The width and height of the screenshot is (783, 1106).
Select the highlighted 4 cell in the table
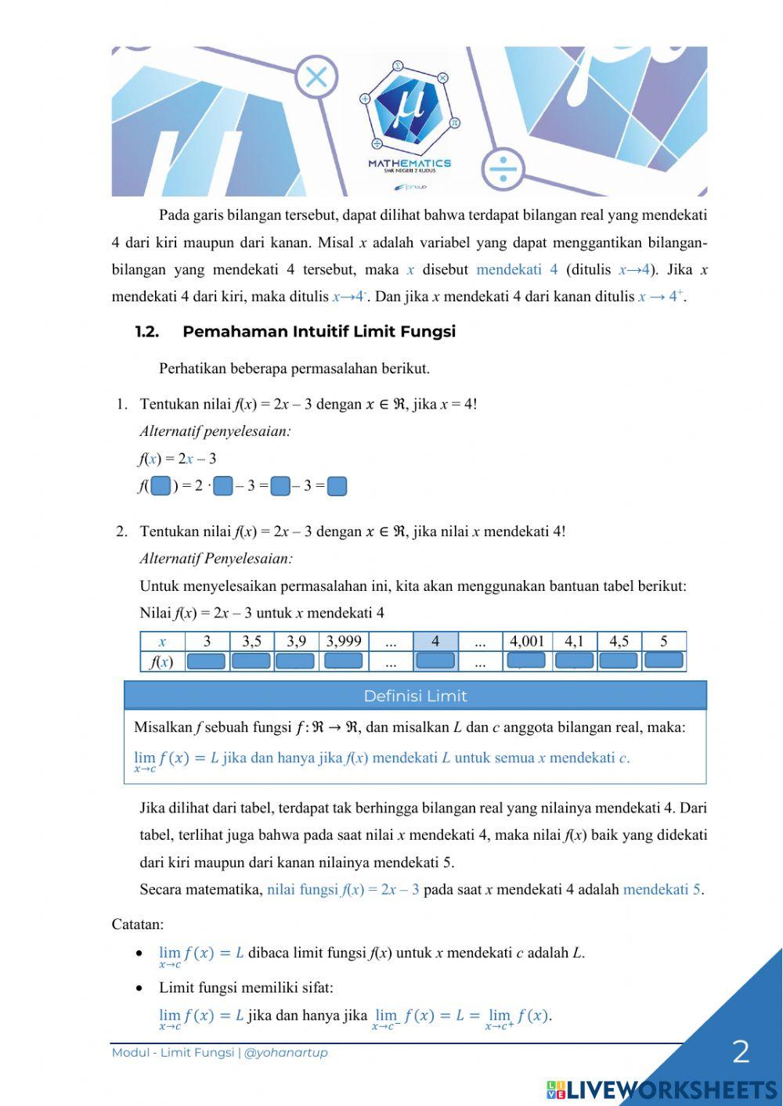click(x=435, y=642)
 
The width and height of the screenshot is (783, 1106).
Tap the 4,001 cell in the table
click(x=527, y=642)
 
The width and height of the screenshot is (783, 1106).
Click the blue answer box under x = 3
click(x=207, y=661)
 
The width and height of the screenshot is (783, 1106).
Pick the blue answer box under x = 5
click(x=664, y=661)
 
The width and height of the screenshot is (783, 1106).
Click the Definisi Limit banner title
click(x=415, y=696)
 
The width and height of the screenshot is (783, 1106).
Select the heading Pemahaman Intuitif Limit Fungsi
click(x=319, y=332)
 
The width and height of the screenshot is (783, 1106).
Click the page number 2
click(x=741, y=1052)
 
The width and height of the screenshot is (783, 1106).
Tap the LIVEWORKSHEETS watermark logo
click(x=662, y=1090)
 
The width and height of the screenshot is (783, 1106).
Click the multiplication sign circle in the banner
click(x=316, y=77)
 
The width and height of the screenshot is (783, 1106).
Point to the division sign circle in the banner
click(x=502, y=168)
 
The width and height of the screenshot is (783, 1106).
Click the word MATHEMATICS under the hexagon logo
click(x=410, y=164)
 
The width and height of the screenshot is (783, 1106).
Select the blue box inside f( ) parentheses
click(x=161, y=486)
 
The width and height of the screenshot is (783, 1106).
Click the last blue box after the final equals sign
click(x=337, y=486)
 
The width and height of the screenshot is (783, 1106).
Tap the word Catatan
click(x=138, y=924)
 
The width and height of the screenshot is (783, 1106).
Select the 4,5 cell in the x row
click(x=619, y=642)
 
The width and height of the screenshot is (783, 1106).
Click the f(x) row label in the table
click(x=162, y=662)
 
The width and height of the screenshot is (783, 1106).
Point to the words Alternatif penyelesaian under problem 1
click(x=215, y=431)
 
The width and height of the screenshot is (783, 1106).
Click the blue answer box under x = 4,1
click(x=574, y=661)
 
